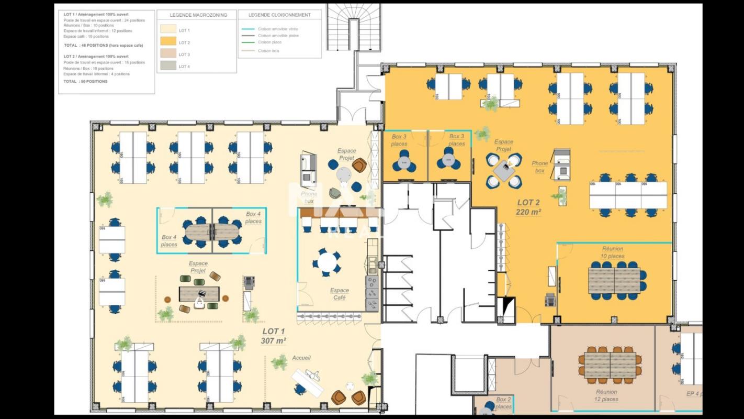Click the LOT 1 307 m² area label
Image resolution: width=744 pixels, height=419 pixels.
(x=274, y=336)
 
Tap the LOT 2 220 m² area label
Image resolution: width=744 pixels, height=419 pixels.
(x=528, y=207)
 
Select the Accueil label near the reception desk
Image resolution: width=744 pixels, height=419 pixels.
(x=301, y=358)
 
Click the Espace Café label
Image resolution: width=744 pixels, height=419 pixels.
(x=339, y=294)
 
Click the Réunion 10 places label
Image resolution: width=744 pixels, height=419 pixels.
(x=613, y=252)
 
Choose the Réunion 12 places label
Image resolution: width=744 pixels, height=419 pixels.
(x=606, y=395)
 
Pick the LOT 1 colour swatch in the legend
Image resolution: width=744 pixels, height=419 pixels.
(x=167, y=30)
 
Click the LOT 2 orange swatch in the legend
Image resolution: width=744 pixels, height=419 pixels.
(x=167, y=42)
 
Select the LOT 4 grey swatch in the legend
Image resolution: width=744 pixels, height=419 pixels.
(x=167, y=66)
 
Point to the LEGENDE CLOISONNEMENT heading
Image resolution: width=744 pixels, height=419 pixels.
(x=279, y=15)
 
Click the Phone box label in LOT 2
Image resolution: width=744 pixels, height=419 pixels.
(x=539, y=167)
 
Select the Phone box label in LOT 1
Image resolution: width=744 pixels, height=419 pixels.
(x=309, y=197)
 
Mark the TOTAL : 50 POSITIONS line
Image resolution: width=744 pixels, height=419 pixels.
(x=85, y=82)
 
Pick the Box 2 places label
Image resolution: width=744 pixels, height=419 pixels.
(x=503, y=403)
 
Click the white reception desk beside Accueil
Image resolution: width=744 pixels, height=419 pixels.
(x=308, y=380)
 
